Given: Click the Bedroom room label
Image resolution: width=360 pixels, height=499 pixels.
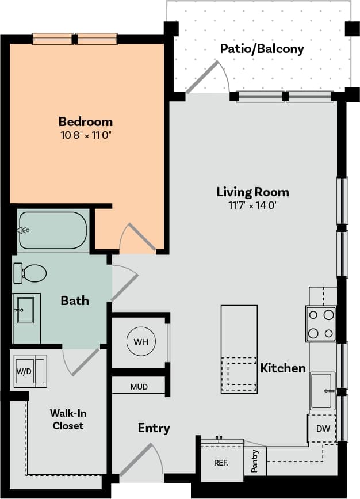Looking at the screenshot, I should [85, 121].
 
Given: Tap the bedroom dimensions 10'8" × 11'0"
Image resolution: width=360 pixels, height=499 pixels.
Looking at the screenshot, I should [85, 135].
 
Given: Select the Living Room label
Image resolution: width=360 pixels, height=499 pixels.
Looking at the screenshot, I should [252, 192].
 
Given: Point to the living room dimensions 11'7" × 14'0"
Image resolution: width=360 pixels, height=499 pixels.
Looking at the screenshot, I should [252, 205].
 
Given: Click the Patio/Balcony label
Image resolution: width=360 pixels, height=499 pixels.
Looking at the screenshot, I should [262, 49].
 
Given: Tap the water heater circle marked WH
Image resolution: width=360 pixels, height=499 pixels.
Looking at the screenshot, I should [141, 342].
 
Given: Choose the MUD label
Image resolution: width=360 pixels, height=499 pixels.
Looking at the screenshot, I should [139, 387].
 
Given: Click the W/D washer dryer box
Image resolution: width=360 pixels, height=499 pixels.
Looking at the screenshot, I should [24, 371].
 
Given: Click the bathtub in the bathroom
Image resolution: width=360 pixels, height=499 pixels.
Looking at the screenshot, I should [52, 230].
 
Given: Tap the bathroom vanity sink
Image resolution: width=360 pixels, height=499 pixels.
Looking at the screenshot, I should [25, 310].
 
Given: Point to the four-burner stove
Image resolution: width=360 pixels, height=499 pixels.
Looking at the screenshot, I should [321, 324].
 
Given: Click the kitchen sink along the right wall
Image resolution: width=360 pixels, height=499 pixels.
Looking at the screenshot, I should [323, 390].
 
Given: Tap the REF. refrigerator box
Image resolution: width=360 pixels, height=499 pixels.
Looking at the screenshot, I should [221, 462].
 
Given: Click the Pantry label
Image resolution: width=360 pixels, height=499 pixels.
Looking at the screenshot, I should [255, 461].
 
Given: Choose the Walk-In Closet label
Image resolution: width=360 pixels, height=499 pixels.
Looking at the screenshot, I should [68, 419].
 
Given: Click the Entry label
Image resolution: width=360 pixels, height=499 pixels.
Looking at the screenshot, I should [154, 428].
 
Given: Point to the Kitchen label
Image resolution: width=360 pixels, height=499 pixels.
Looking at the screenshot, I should [283, 368].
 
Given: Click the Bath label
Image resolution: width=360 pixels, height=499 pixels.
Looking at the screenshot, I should [75, 300].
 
